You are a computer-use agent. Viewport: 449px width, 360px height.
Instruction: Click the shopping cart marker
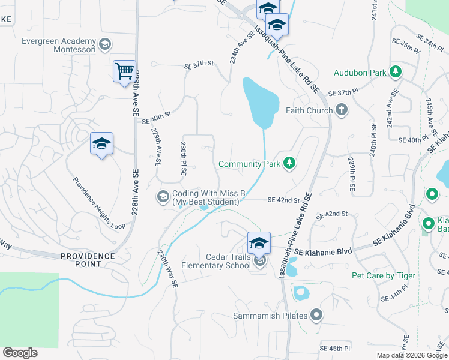pos(124,71)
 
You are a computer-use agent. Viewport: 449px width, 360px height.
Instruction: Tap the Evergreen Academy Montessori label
pos(58,46)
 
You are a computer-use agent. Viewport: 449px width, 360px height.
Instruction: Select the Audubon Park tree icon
pos(396,73)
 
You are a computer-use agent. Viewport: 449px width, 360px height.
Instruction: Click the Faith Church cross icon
pos(342,110)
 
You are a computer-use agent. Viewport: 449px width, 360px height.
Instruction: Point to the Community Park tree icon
pos(289,164)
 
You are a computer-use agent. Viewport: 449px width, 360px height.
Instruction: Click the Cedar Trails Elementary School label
pos(220,261)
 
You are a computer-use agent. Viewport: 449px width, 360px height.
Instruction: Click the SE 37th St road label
pos(199,64)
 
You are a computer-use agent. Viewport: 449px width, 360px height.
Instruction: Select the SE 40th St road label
pos(157,117)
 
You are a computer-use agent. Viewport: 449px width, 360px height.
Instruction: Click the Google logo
pos(20,352)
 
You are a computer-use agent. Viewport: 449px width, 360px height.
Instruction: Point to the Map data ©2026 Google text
pos(411,355)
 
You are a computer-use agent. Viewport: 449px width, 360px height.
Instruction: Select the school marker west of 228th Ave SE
pos(101,144)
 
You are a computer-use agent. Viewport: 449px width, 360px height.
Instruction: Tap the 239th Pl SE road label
pos(351,175)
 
